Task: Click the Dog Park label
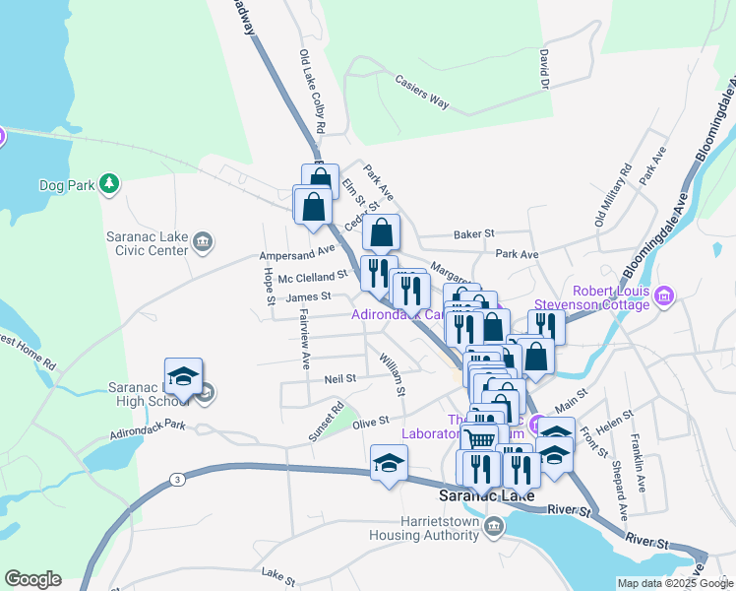click(x=65, y=184)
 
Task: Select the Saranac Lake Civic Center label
click(x=148, y=243)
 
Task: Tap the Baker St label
click(x=472, y=234)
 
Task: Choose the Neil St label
click(x=339, y=377)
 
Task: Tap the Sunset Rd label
click(x=326, y=421)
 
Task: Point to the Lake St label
click(x=278, y=572)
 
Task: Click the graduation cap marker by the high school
click(x=183, y=376)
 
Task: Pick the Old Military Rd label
click(x=610, y=197)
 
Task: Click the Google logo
click(x=32, y=579)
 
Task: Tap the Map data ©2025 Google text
click(x=673, y=583)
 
